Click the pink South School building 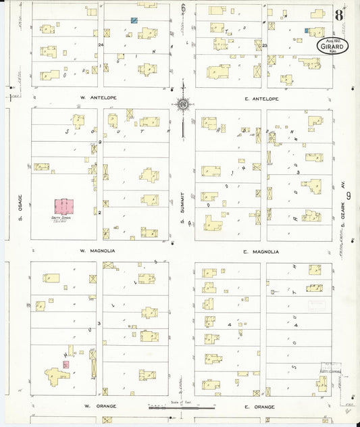click(x=65, y=206)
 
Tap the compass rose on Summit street click(x=182, y=104)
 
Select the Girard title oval click(x=334, y=45)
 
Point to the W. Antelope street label click(x=99, y=98)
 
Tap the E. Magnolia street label click(x=261, y=251)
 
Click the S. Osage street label click(x=21, y=207)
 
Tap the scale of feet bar click(x=182, y=407)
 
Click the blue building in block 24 click(x=134, y=21)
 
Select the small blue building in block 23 click(x=307, y=30)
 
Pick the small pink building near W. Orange click(x=66, y=364)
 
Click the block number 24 click(x=101, y=45)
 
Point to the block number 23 click(x=265, y=45)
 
